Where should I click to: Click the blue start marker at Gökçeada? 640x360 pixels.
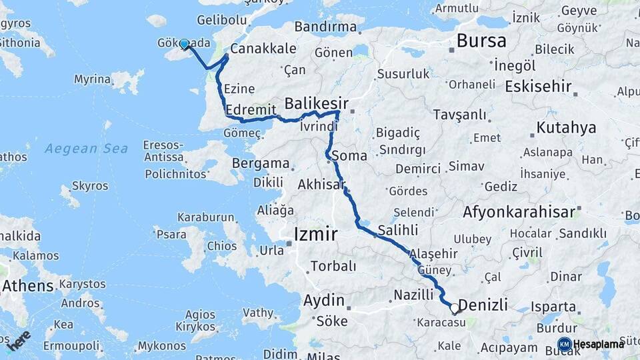185,44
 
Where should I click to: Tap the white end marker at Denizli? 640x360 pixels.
455,308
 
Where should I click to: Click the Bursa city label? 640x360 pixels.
481,41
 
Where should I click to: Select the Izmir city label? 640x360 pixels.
315,234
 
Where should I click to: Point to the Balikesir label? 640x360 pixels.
317,103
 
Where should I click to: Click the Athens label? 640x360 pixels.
27,286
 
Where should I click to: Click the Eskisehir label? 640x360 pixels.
539,86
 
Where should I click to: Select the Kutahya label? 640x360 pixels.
566,128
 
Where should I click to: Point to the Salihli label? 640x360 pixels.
397,230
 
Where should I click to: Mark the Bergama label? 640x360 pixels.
261,163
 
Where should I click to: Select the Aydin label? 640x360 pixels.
324,300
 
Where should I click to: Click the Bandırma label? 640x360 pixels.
325,27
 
